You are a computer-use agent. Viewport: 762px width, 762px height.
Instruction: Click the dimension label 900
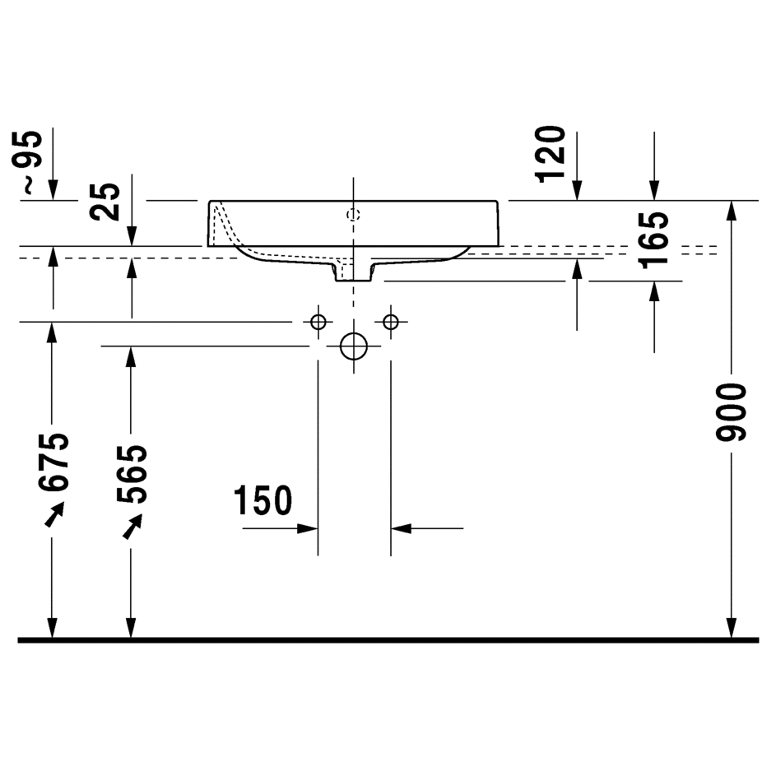(x=731, y=412)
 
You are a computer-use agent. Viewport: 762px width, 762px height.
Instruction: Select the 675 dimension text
(x=53, y=462)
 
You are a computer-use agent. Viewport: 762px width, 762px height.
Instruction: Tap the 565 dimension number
(x=131, y=474)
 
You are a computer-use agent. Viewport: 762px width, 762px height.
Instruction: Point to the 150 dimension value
(x=263, y=500)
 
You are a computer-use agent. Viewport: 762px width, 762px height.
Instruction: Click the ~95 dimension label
(x=31, y=163)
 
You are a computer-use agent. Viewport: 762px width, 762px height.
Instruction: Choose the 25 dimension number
(x=105, y=202)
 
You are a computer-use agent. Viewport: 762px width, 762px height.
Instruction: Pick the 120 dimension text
(x=551, y=155)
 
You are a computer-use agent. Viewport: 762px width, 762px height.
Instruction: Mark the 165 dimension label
(x=653, y=240)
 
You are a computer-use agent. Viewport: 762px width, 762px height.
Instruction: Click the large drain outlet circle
(x=354, y=346)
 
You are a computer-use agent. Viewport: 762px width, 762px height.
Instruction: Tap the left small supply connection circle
(x=318, y=322)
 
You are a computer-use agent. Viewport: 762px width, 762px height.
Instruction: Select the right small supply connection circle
(x=391, y=322)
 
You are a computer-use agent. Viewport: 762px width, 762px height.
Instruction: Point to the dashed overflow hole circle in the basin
(x=353, y=214)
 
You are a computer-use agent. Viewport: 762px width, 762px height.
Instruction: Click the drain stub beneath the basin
(x=353, y=272)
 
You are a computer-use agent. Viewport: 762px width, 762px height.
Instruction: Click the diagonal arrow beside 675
(x=54, y=514)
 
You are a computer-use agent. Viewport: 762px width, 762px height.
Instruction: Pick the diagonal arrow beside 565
(x=132, y=527)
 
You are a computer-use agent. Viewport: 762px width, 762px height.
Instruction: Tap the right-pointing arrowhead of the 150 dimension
(x=308, y=528)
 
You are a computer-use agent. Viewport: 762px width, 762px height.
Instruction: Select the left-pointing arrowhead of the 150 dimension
(x=402, y=528)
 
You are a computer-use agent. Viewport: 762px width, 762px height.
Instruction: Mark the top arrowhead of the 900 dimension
(x=731, y=211)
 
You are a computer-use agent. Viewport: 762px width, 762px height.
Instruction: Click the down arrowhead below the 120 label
(x=577, y=190)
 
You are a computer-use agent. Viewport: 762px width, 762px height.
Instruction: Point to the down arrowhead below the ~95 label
(x=53, y=189)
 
